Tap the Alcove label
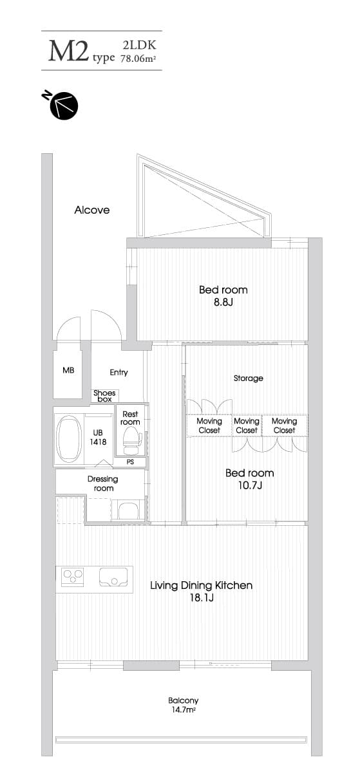pyautogui.click(x=92, y=210)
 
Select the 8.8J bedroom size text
pyautogui.click(x=223, y=302)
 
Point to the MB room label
pyautogui.click(x=68, y=370)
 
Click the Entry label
pyautogui.click(x=118, y=373)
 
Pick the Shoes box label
pyautogui.click(x=104, y=396)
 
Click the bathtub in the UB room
pyautogui.click(x=70, y=439)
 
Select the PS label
pyautogui.click(x=130, y=462)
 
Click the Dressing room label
pyautogui.click(x=103, y=483)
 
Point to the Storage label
pyautogui.click(x=249, y=378)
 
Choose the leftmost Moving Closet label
pyautogui.click(x=209, y=425)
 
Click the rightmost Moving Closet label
pyautogui.click(x=285, y=425)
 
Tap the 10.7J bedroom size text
pyautogui.click(x=250, y=485)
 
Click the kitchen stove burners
pyautogui.click(x=73, y=577)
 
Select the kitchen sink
pyautogui.click(x=113, y=577)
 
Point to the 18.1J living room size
pyautogui.click(x=202, y=597)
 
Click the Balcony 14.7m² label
pyautogui.click(x=184, y=705)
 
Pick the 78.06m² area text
pyautogui.click(x=138, y=58)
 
